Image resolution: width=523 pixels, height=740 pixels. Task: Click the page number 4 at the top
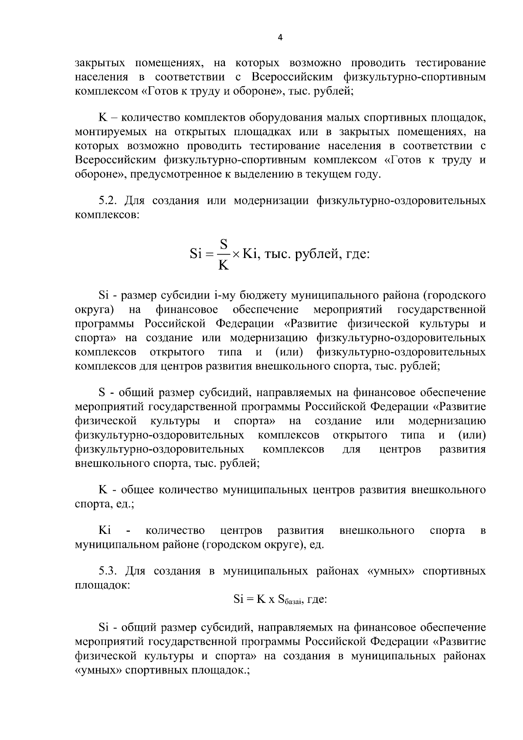280,38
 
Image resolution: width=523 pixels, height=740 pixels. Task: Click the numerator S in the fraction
224,244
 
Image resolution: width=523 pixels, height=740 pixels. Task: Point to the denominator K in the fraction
224,265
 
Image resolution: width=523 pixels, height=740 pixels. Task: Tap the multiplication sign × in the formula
236,255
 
